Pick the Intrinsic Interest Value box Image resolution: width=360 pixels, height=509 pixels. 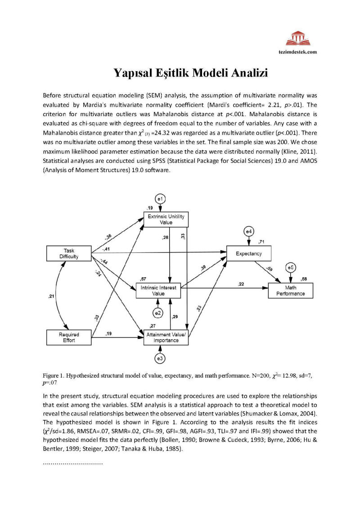pos(158,290)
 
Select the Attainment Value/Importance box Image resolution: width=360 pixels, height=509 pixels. pos(166,338)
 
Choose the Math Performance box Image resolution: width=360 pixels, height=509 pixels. pos(290,290)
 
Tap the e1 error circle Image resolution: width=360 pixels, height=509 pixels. pos(161,198)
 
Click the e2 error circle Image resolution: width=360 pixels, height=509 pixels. pos(158,312)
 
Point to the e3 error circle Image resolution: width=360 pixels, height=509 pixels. pos(160,358)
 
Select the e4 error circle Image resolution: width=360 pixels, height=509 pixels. pos(248,231)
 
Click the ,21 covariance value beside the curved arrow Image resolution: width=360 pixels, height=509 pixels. pos(51,296)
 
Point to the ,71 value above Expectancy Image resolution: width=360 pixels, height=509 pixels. pos(261,242)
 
